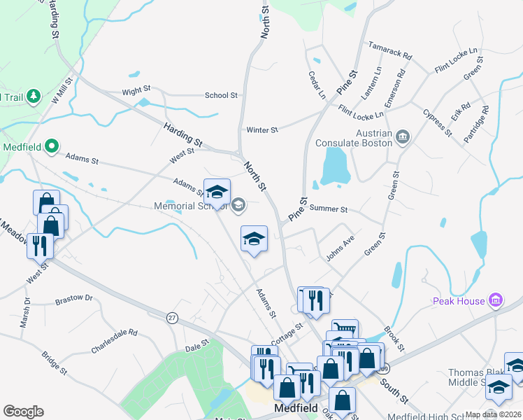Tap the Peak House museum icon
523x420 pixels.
(496, 300)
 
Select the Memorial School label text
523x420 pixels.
(190, 205)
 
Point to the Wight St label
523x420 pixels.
(136, 90)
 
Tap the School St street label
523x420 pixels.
(221, 95)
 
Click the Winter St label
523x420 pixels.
(262, 130)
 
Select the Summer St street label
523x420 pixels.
(328, 209)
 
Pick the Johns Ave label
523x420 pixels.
(341, 248)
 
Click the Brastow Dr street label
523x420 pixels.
(74, 298)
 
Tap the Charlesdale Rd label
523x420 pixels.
(114, 342)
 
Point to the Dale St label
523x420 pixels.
(197, 344)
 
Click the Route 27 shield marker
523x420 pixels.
(172, 318)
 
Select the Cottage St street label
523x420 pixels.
(286, 332)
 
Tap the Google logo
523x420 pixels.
(23, 412)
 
